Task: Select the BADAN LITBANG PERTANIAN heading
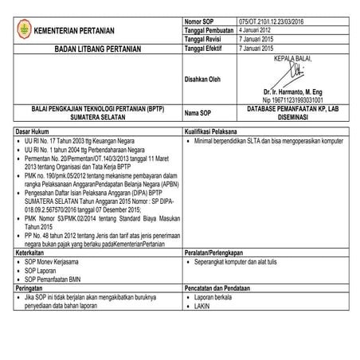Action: [92, 49]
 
